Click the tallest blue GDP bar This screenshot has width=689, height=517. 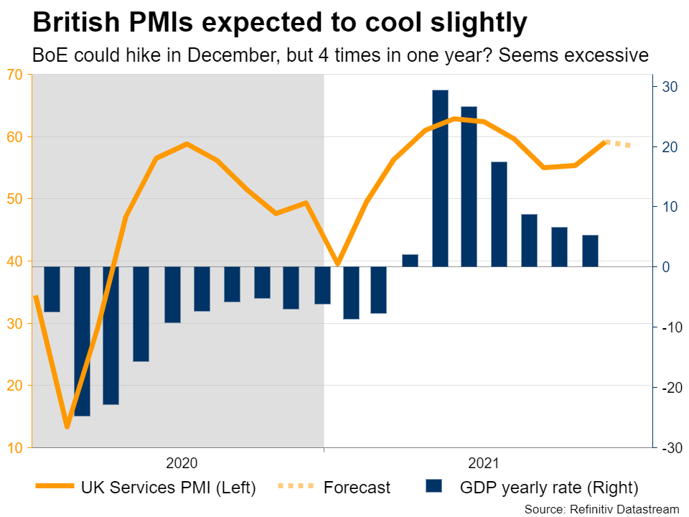pos(440,178)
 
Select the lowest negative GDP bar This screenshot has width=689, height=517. pos(82,341)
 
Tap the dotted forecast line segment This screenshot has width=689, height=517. pos(618,144)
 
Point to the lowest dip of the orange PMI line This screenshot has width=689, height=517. pos(67,427)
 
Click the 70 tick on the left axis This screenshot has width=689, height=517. pos(15,74)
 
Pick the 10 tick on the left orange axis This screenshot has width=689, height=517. pos(15,448)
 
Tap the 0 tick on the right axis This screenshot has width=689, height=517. pos(667,267)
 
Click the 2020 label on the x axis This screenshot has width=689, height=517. pos(182,463)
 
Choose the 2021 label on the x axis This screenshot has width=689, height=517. pos(483,463)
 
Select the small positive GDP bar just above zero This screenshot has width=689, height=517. pos(410,261)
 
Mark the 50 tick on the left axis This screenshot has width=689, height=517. pos(15,199)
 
